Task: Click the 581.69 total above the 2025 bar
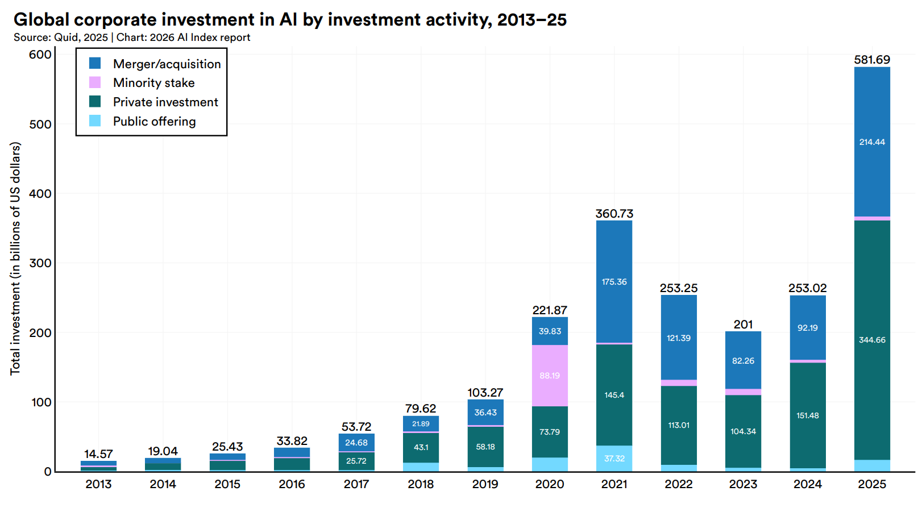[872, 60]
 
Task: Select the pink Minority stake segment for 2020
[550, 375]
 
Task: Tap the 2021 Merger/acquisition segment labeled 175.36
[614, 282]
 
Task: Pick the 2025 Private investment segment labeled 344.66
[872, 340]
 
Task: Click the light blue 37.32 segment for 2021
[614, 459]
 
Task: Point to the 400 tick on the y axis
[40, 193]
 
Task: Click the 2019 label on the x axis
[485, 484]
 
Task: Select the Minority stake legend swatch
[95, 82]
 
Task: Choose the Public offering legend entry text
[154, 122]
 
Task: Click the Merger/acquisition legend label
[167, 64]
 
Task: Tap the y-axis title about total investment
[15, 259]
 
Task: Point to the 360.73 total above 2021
[614, 214]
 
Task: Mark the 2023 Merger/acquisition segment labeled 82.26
[743, 361]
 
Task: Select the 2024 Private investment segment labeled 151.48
[807, 415]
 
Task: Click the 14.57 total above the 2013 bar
[98, 454]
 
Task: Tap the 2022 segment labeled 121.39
[679, 338]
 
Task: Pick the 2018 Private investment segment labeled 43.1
[421, 447]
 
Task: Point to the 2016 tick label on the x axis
[292, 484]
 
